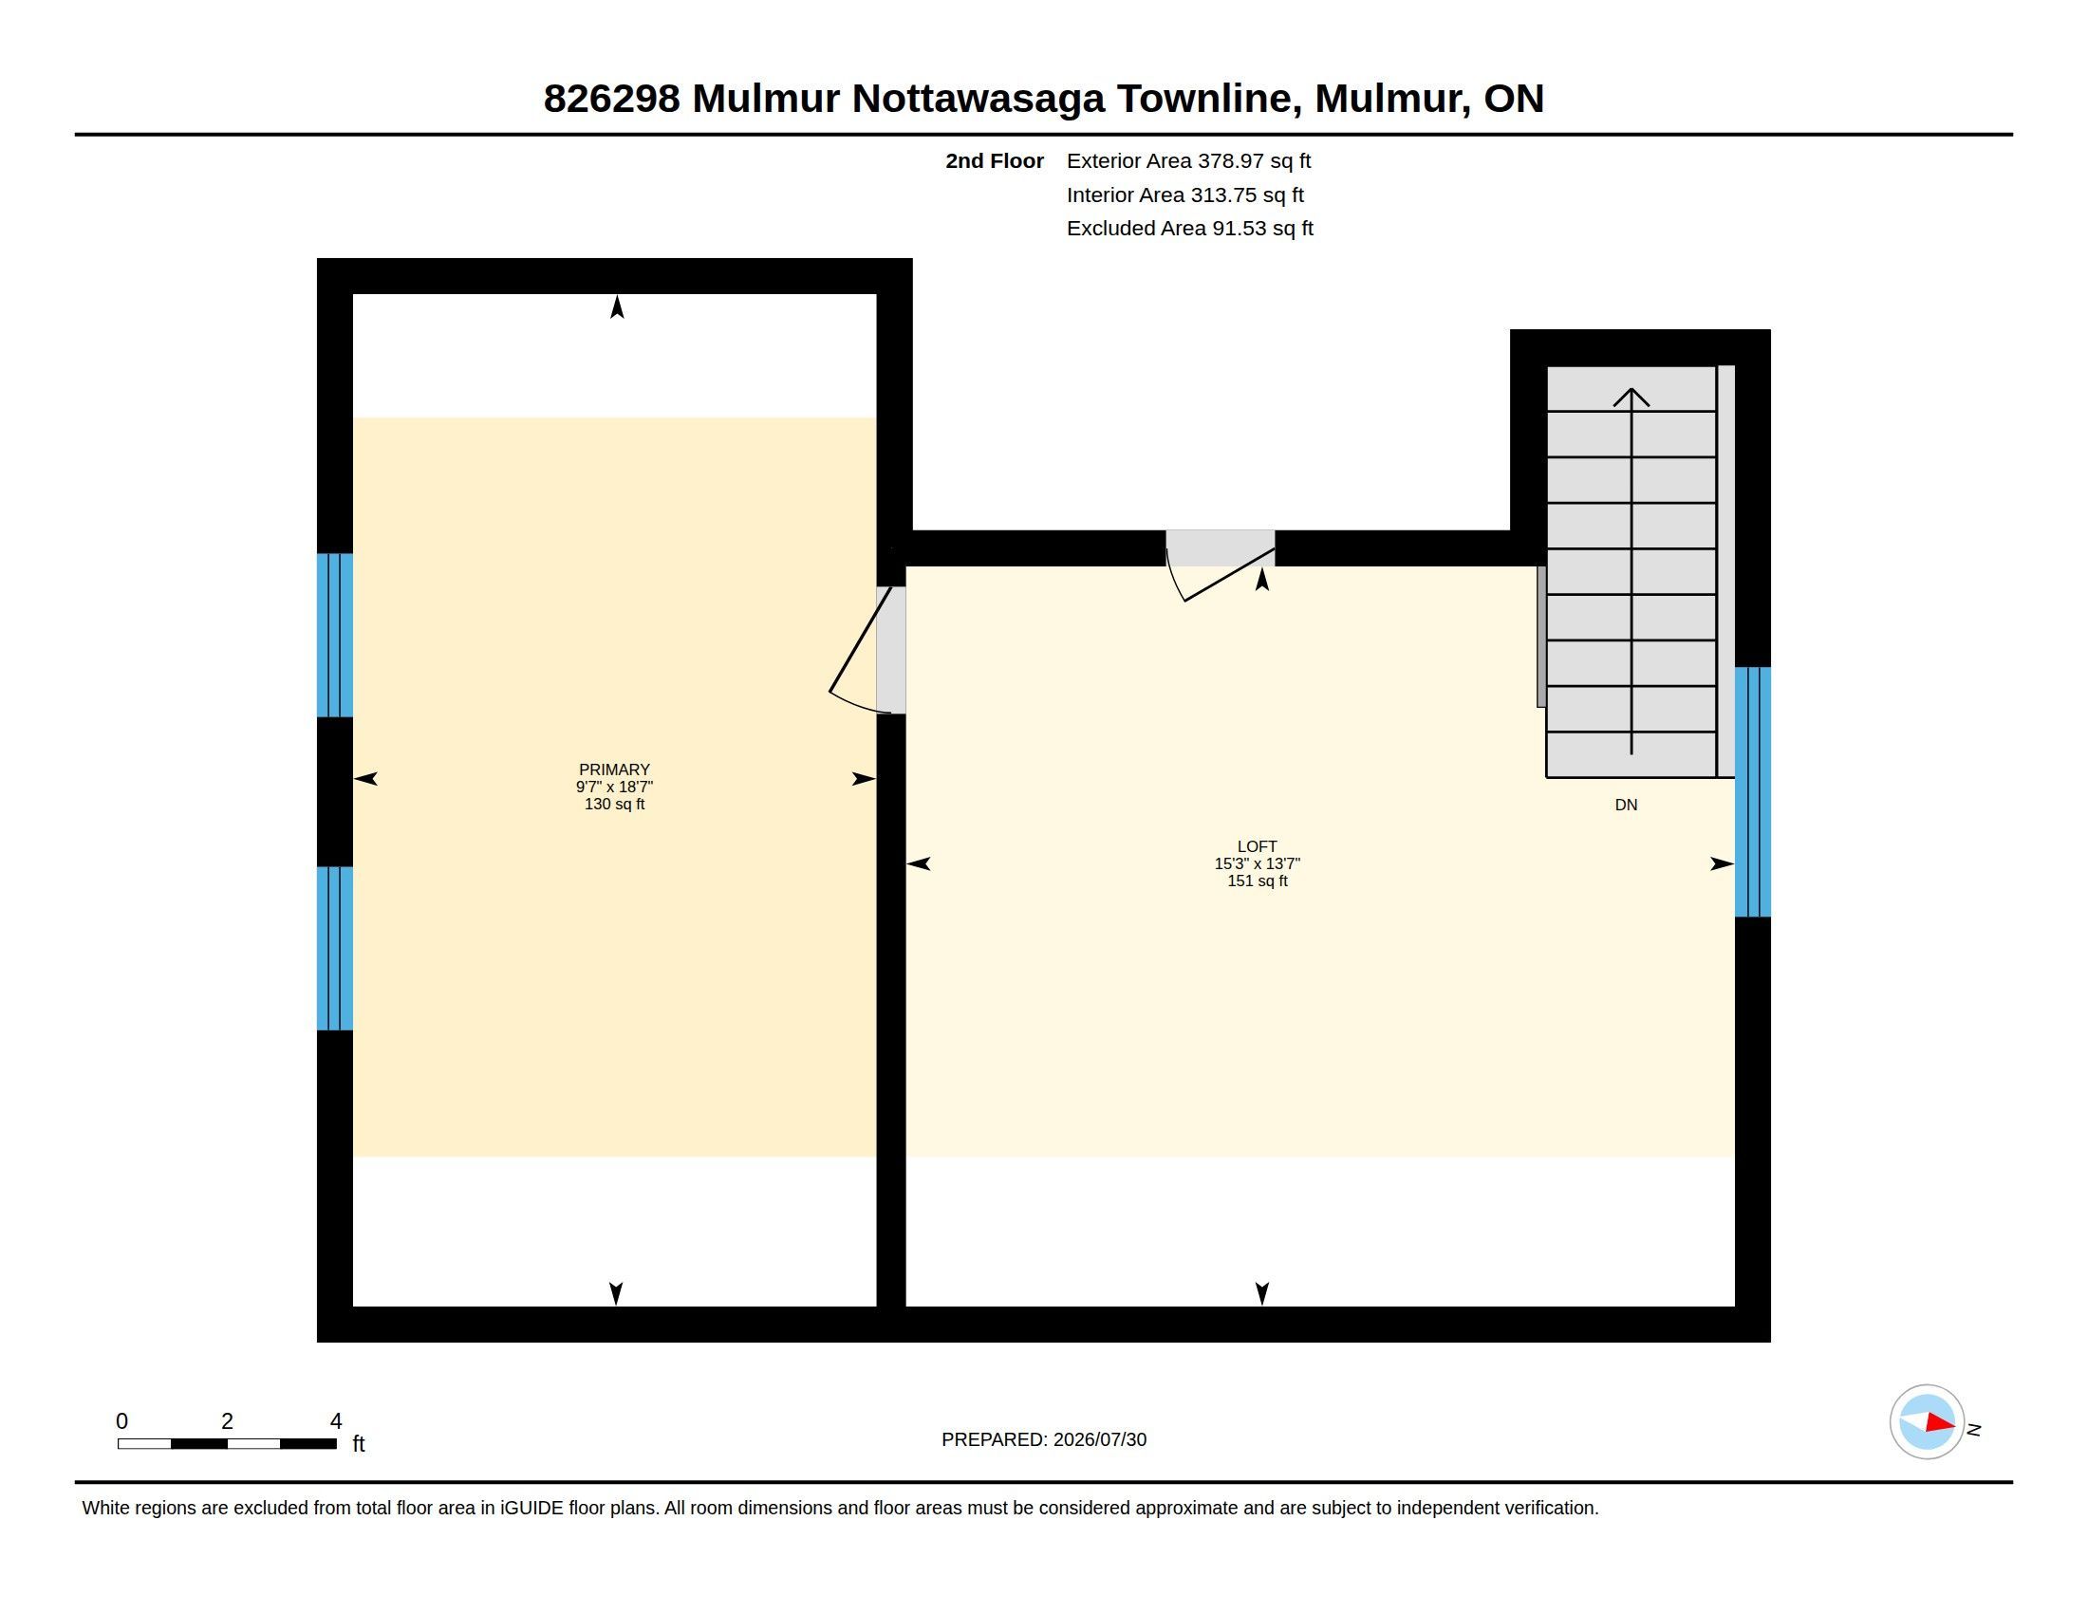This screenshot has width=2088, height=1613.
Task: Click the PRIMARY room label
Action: tap(614, 769)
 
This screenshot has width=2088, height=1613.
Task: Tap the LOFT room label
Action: tap(1258, 845)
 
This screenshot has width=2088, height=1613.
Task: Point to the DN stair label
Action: tap(1626, 805)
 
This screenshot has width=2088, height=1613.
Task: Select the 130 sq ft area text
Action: tap(614, 804)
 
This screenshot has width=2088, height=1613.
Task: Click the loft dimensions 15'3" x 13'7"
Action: tap(1258, 862)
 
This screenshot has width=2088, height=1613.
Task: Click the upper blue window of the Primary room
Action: tap(335, 636)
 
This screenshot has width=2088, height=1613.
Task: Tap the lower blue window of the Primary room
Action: tap(335, 948)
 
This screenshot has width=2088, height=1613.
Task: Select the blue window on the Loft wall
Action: tap(1752, 792)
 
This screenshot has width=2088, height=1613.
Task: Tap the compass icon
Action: tap(1927, 1422)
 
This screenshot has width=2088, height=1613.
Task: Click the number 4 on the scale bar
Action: tap(336, 1421)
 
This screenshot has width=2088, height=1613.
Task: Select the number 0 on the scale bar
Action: tap(122, 1421)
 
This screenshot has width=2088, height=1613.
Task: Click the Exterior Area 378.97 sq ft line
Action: tap(1188, 160)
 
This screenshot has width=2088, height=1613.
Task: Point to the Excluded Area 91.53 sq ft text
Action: tap(1189, 228)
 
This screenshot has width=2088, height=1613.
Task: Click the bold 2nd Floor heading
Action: tap(995, 160)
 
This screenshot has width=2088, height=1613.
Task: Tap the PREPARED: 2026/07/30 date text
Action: tap(1044, 1439)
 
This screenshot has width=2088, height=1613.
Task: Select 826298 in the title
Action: tap(612, 99)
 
